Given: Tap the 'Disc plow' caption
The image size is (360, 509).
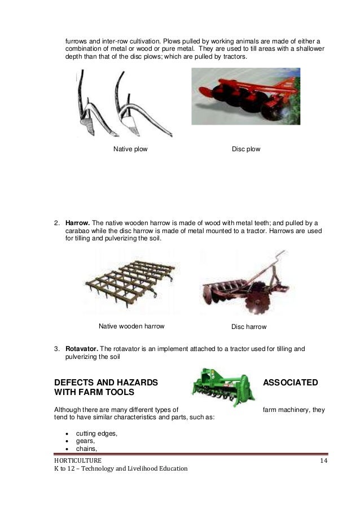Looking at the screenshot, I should (x=246, y=150).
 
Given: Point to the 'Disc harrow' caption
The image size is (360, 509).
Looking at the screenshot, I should (x=249, y=327).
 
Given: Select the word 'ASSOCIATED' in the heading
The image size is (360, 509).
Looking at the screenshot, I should (x=291, y=383).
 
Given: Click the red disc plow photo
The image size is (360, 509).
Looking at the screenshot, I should (x=245, y=96).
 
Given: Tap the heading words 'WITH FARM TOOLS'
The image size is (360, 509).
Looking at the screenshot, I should (x=96, y=394).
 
